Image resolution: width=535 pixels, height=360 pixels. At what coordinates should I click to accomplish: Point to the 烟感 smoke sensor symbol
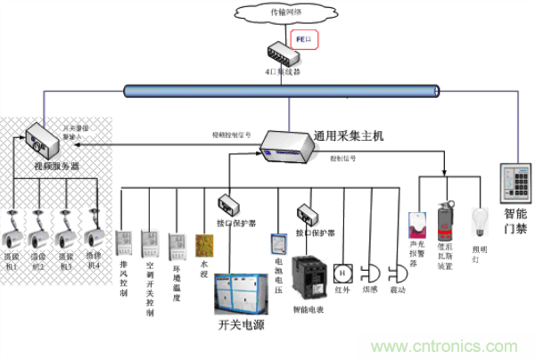click(x=374, y=272)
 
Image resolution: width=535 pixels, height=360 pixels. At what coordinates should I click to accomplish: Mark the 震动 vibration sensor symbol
click(x=399, y=272)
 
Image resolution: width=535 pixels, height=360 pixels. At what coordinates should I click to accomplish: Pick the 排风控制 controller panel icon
click(x=124, y=242)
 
